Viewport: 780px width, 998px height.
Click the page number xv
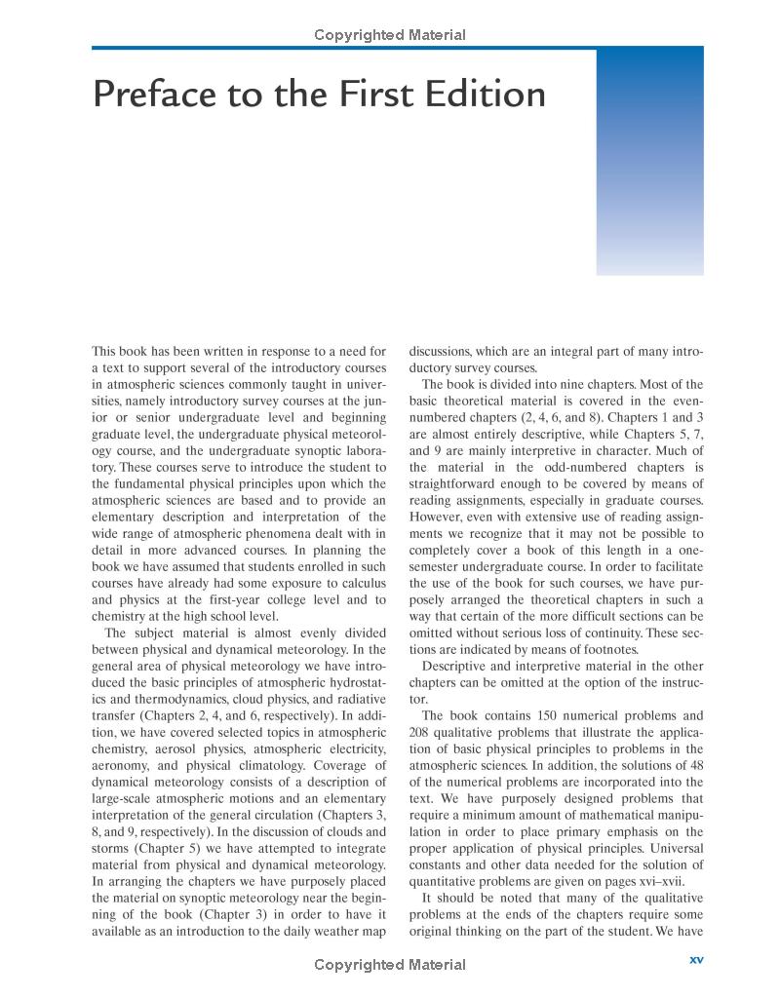[x=696, y=960]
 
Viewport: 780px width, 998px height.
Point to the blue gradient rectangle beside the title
[x=649, y=162]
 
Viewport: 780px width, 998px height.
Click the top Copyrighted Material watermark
[x=390, y=36]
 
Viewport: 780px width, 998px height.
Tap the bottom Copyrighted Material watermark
[x=390, y=965]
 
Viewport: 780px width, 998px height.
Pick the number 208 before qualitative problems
[x=422, y=732]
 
